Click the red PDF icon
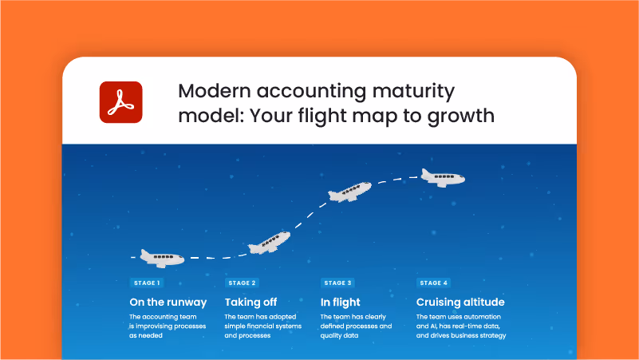120,102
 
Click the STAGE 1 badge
147,283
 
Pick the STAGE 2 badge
242,283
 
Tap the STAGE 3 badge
337,283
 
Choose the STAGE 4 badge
434,283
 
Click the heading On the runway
168,303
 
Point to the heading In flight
340,303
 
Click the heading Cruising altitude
460,303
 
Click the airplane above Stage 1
162,257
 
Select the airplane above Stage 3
349,192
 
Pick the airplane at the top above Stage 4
444,177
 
